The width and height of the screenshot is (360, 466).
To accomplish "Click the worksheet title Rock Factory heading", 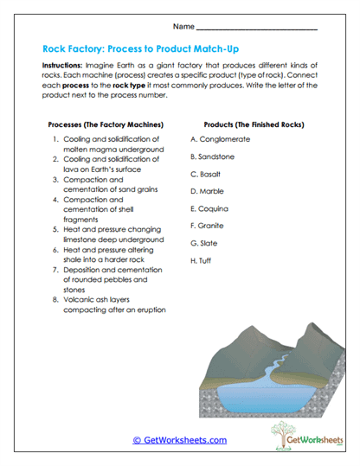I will (145, 49).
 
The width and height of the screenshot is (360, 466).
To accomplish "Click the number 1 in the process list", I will (55, 138).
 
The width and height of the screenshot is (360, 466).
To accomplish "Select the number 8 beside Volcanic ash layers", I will (55, 299).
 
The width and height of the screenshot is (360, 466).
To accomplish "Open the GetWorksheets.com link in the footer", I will (179, 440).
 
